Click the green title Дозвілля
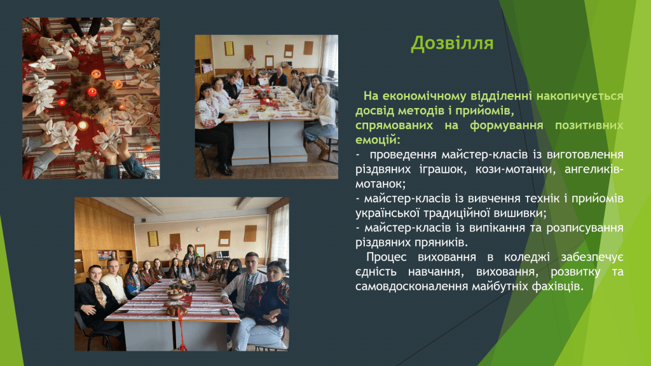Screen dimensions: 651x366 click(x=452, y=43)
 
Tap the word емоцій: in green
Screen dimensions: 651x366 click(x=378, y=140)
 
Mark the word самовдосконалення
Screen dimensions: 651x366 click(x=411, y=287)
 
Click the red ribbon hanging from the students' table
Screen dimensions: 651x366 click(x=181, y=330)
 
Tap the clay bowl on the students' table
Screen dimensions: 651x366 click(x=175, y=296)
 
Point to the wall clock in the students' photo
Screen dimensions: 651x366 click(x=199, y=229)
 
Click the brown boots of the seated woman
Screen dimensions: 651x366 click(x=321, y=149)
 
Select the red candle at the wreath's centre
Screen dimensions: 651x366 click(x=92, y=91)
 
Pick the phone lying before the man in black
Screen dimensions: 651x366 click(x=121, y=311)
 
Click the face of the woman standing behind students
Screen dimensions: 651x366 click(x=191, y=248)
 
